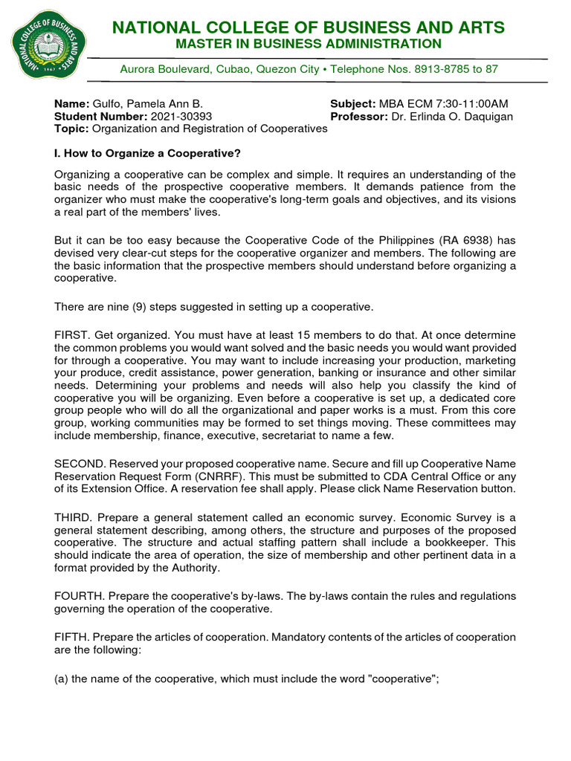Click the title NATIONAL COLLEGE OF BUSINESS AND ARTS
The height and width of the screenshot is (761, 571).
(308, 28)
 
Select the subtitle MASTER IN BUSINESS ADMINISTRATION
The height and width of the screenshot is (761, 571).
(308, 45)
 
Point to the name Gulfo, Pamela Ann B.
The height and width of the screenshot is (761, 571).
(147, 104)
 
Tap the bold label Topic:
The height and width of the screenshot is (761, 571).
(71, 129)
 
